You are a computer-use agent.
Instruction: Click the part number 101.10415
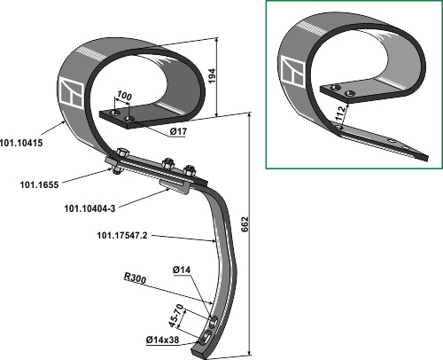pyautogui.click(x=21, y=143)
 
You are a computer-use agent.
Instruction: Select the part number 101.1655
pyautogui.click(x=39, y=185)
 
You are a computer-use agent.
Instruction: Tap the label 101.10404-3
pyautogui.click(x=89, y=208)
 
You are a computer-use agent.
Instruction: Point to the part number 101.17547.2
pyautogui.click(x=122, y=236)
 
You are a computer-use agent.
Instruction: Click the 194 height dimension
pyautogui.click(x=212, y=75)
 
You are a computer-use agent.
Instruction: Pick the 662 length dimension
pyautogui.click(x=245, y=224)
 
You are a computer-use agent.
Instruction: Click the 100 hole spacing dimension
pyautogui.click(x=124, y=96)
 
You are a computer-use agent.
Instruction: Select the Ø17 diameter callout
pyautogui.click(x=178, y=131)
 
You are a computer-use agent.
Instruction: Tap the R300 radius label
pyautogui.click(x=135, y=278)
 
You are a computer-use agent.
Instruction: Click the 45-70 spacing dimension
pyautogui.click(x=176, y=316)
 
